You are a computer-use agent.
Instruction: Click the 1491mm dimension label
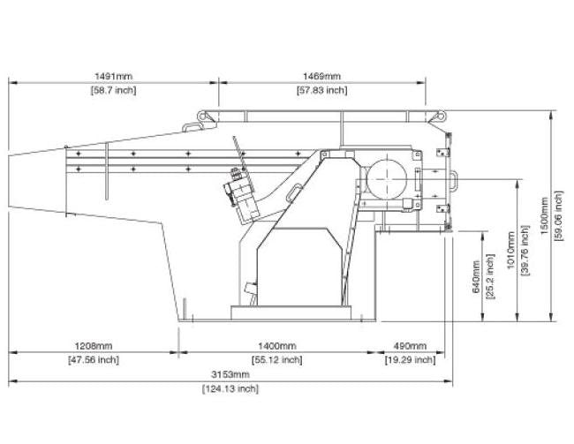(114, 77)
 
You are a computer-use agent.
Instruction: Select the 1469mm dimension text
(322, 77)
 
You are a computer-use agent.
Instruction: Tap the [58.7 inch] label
(114, 90)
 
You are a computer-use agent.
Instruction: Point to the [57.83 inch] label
(322, 90)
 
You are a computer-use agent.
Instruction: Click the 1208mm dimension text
(94, 346)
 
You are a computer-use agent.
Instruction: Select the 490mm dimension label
(411, 346)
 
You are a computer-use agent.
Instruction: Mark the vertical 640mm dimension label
(476, 276)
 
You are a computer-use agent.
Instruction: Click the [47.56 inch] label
(94, 359)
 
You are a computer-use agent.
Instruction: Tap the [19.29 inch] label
(411, 359)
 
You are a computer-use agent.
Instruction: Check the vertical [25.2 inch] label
(490, 276)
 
